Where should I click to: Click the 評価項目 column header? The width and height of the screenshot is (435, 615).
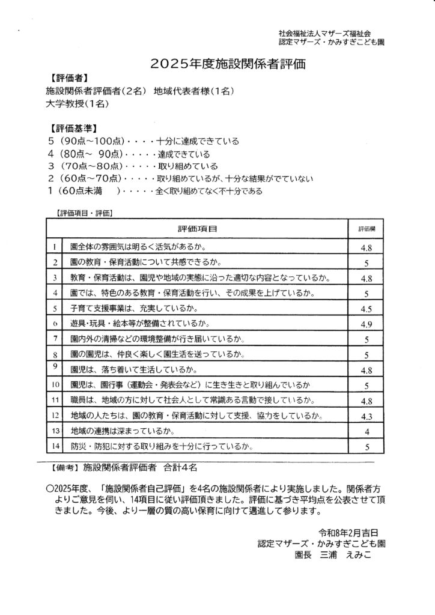(198, 229)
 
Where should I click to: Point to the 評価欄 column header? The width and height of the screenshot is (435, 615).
(367, 229)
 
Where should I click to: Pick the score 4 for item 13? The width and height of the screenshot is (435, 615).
(367, 432)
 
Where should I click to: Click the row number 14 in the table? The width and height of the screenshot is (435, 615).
(55, 446)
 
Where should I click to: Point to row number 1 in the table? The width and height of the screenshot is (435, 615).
(55, 247)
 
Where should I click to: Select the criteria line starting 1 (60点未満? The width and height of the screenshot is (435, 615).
(154, 192)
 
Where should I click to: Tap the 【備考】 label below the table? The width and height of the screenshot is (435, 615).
(63, 466)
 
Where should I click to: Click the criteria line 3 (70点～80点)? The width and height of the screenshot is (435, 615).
(132, 166)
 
